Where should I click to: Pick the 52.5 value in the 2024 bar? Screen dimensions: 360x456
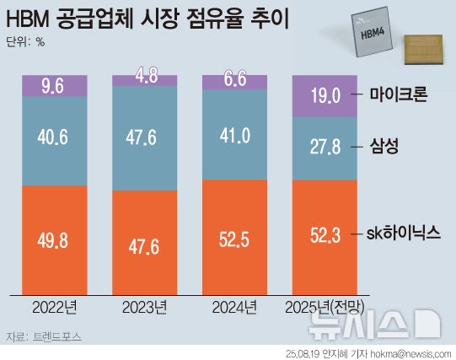click(235, 239)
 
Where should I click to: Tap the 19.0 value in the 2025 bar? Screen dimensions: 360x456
click(325, 95)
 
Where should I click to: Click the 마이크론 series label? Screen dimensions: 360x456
click(399, 95)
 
